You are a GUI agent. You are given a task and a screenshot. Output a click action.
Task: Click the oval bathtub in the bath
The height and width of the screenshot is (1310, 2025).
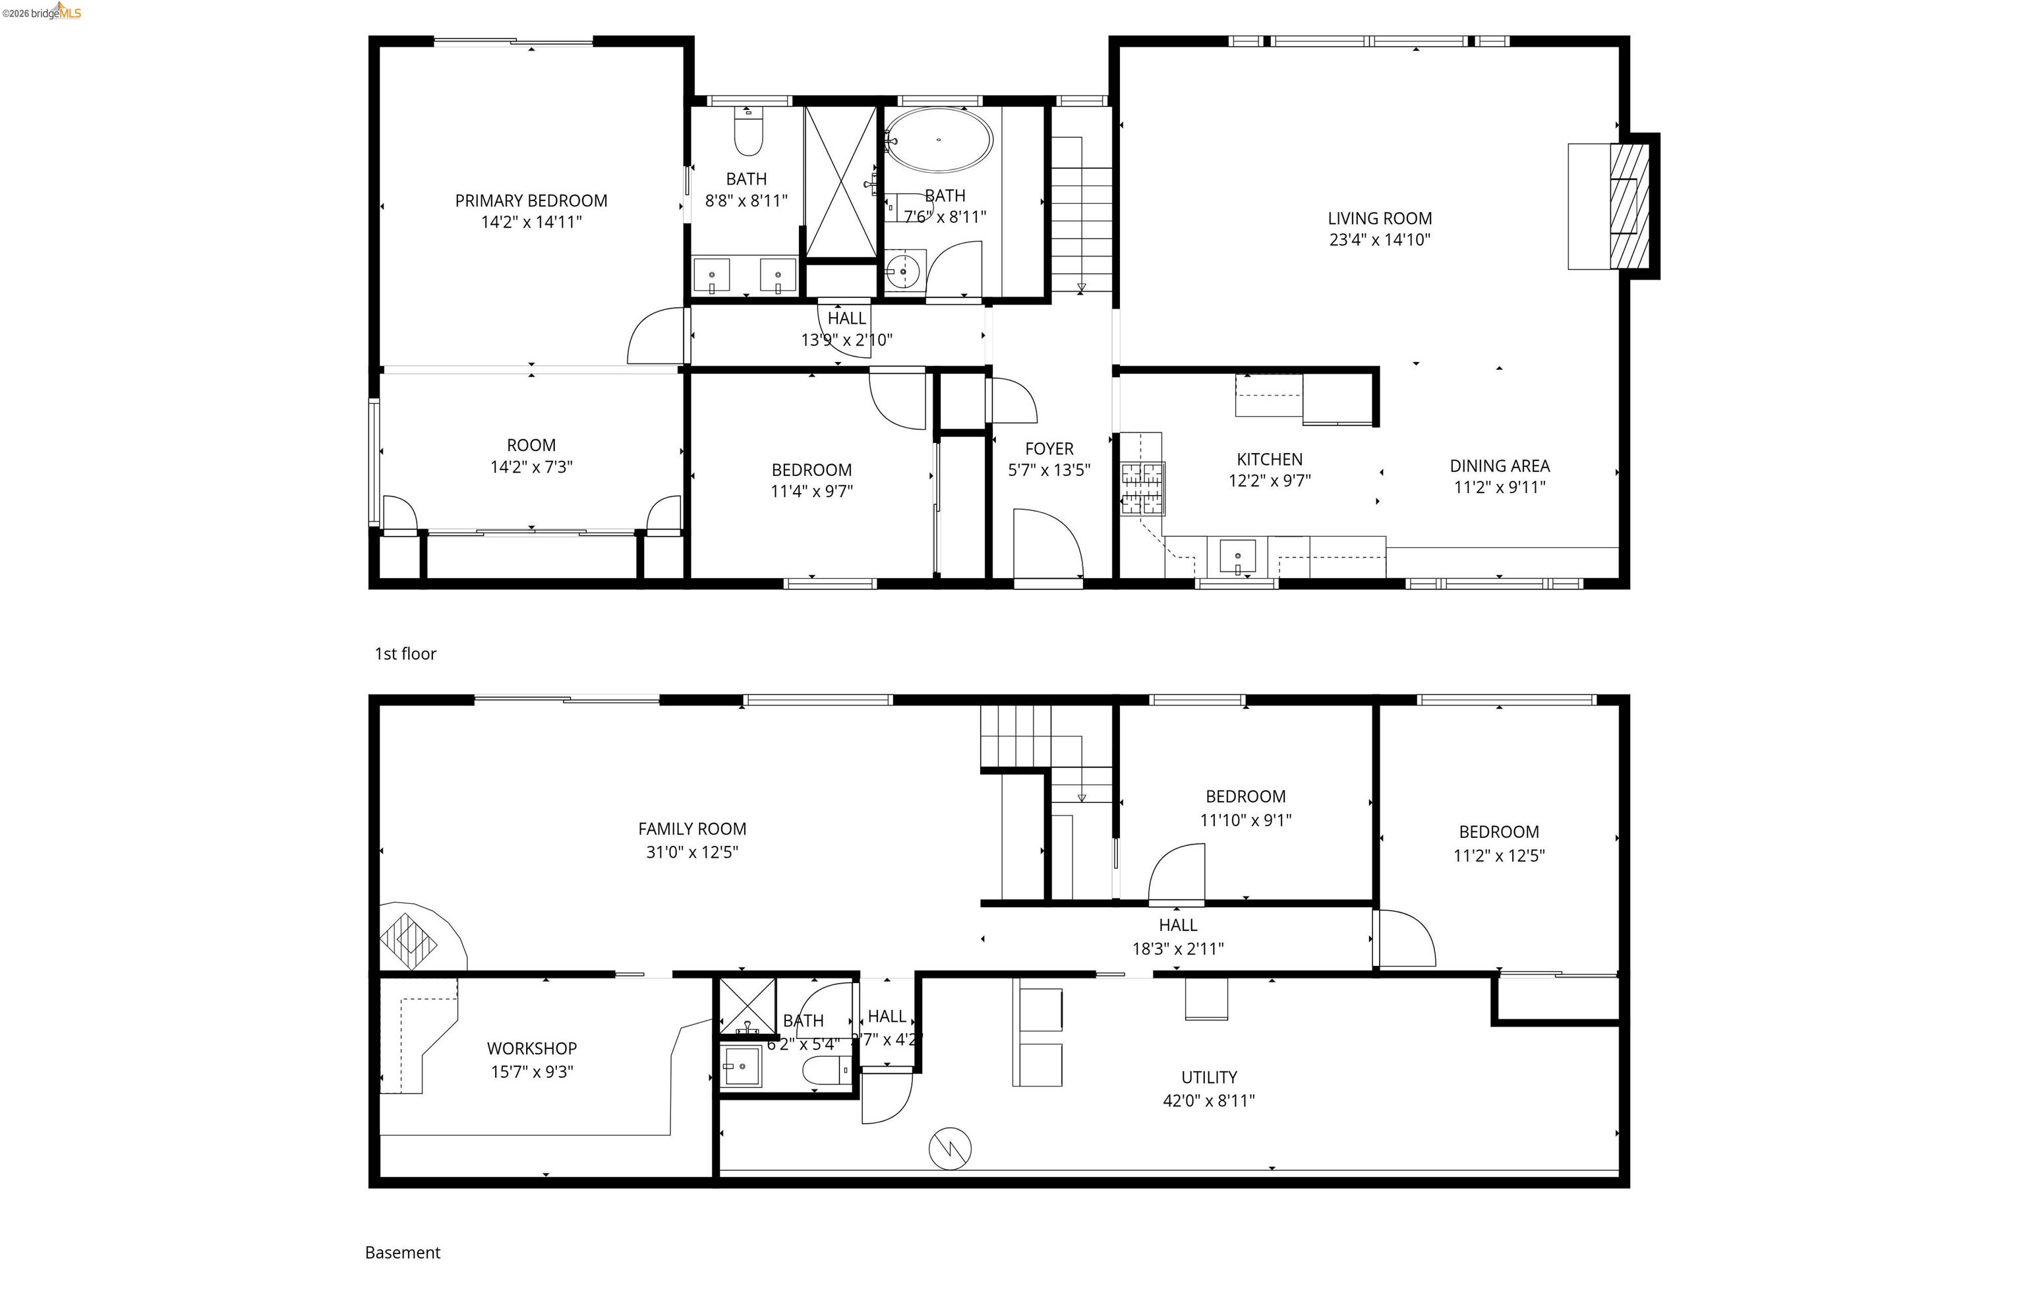coord(937,140)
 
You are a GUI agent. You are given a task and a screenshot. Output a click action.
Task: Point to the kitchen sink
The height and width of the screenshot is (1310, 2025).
coord(1237,557)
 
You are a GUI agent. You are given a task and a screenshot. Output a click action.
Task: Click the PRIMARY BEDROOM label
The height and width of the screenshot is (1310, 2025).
coord(531,201)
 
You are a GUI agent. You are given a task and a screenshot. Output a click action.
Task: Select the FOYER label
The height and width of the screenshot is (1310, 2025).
coord(1048,448)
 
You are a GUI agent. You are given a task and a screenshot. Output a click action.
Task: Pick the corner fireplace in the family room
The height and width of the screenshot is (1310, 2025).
coord(410,939)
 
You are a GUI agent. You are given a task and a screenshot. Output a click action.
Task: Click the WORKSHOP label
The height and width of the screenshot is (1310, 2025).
coord(531,1048)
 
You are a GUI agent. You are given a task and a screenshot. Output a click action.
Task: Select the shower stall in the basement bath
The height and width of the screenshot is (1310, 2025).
coord(747,1005)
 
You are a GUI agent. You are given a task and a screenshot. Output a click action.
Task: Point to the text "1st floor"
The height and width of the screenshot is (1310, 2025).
coord(405,653)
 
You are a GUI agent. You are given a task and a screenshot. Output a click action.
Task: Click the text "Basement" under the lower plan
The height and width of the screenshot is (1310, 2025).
coord(402,1252)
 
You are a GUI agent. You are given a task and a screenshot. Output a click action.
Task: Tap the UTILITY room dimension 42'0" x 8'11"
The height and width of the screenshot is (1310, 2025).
coord(1208,1101)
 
